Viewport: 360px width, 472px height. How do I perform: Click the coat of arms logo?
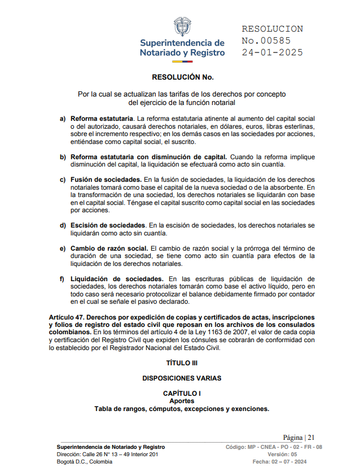pyautogui.click(x=182, y=26)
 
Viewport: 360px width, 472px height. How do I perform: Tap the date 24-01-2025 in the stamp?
pyautogui.click(x=272, y=53)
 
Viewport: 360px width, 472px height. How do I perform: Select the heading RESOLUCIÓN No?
pyautogui.click(x=182, y=77)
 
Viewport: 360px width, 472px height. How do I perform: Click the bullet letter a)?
pyautogui.click(x=63, y=119)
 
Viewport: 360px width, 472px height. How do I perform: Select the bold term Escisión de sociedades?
pyautogui.click(x=108, y=225)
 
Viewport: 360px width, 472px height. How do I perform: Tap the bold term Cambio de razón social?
pyautogui.click(x=109, y=248)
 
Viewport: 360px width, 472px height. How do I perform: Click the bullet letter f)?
pyautogui.click(x=63, y=279)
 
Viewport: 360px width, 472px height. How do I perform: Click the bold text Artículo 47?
pyautogui.click(x=67, y=318)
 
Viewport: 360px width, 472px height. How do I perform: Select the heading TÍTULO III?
pyautogui.click(x=182, y=362)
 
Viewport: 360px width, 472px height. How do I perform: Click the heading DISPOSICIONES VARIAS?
pyautogui.click(x=182, y=378)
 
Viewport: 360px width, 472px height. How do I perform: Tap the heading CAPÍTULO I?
pyautogui.click(x=182, y=393)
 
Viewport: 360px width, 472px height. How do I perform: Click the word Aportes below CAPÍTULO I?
pyautogui.click(x=182, y=401)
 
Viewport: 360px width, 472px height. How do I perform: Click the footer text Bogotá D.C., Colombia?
pyautogui.click(x=85, y=462)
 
